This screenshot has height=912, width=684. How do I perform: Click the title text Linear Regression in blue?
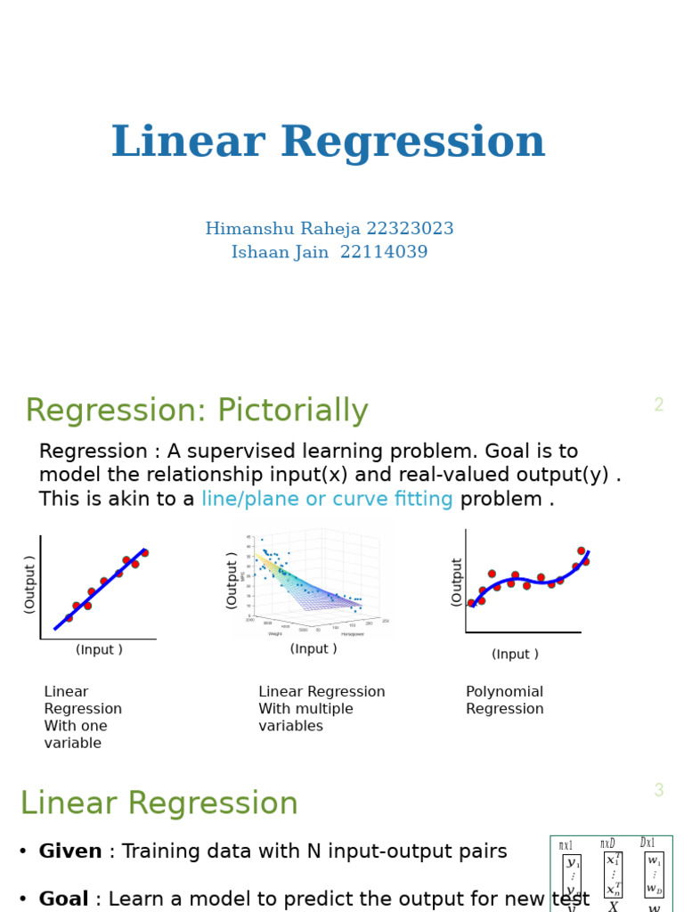(328, 143)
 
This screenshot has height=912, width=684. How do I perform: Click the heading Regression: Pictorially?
(197, 411)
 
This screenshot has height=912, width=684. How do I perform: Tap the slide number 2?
(658, 406)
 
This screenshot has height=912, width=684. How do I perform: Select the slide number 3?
(658, 791)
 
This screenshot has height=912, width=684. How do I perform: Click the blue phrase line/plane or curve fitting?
(327, 500)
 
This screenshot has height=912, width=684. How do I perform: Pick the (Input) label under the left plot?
(99, 650)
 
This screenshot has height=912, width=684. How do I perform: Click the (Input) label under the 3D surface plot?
(313, 649)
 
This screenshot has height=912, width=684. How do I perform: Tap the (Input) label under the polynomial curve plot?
(515, 655)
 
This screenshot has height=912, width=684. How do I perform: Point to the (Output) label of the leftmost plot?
(29, 584)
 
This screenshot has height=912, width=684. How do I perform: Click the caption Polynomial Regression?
(504, 701)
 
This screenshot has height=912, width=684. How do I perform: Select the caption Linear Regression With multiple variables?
(322, 709)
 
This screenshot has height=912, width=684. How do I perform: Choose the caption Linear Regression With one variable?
(82, 718)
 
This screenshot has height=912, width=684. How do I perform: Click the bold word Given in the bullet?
(70, 852)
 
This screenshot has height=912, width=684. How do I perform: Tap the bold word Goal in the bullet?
(63, 900)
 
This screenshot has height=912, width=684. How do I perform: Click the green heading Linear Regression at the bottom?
(159, 804)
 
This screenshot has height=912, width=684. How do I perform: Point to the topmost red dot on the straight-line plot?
(144, 553)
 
